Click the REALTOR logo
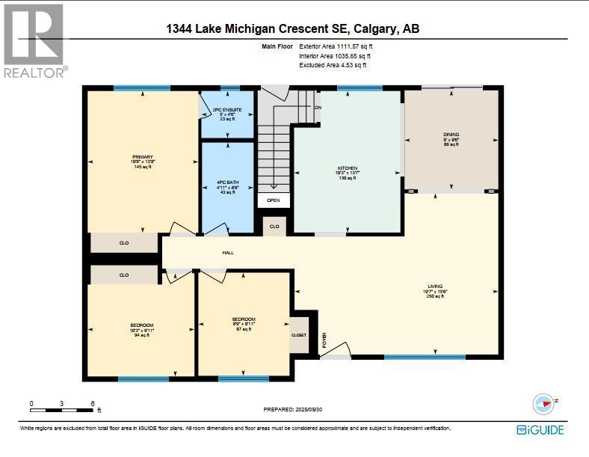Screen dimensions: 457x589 click(35, 40)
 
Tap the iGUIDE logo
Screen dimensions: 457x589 click(540, 430)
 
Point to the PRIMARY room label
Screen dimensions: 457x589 click(143, 157)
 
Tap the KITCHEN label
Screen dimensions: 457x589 click(347, 168)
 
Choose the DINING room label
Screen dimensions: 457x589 click(451, 135)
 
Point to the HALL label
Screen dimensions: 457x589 click(228, 253)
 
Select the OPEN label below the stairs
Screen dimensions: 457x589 click(274, 200)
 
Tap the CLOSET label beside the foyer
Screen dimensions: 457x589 click(299, 335)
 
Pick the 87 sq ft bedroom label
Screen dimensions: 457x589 click(243, 319)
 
